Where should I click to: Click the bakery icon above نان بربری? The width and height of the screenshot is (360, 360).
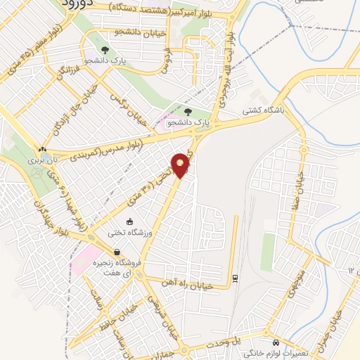[x=44, y=150]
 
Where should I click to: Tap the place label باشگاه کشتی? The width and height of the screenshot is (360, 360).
[x=261, y=110]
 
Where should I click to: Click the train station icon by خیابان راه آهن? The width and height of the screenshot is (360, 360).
[x=235, y=276]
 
